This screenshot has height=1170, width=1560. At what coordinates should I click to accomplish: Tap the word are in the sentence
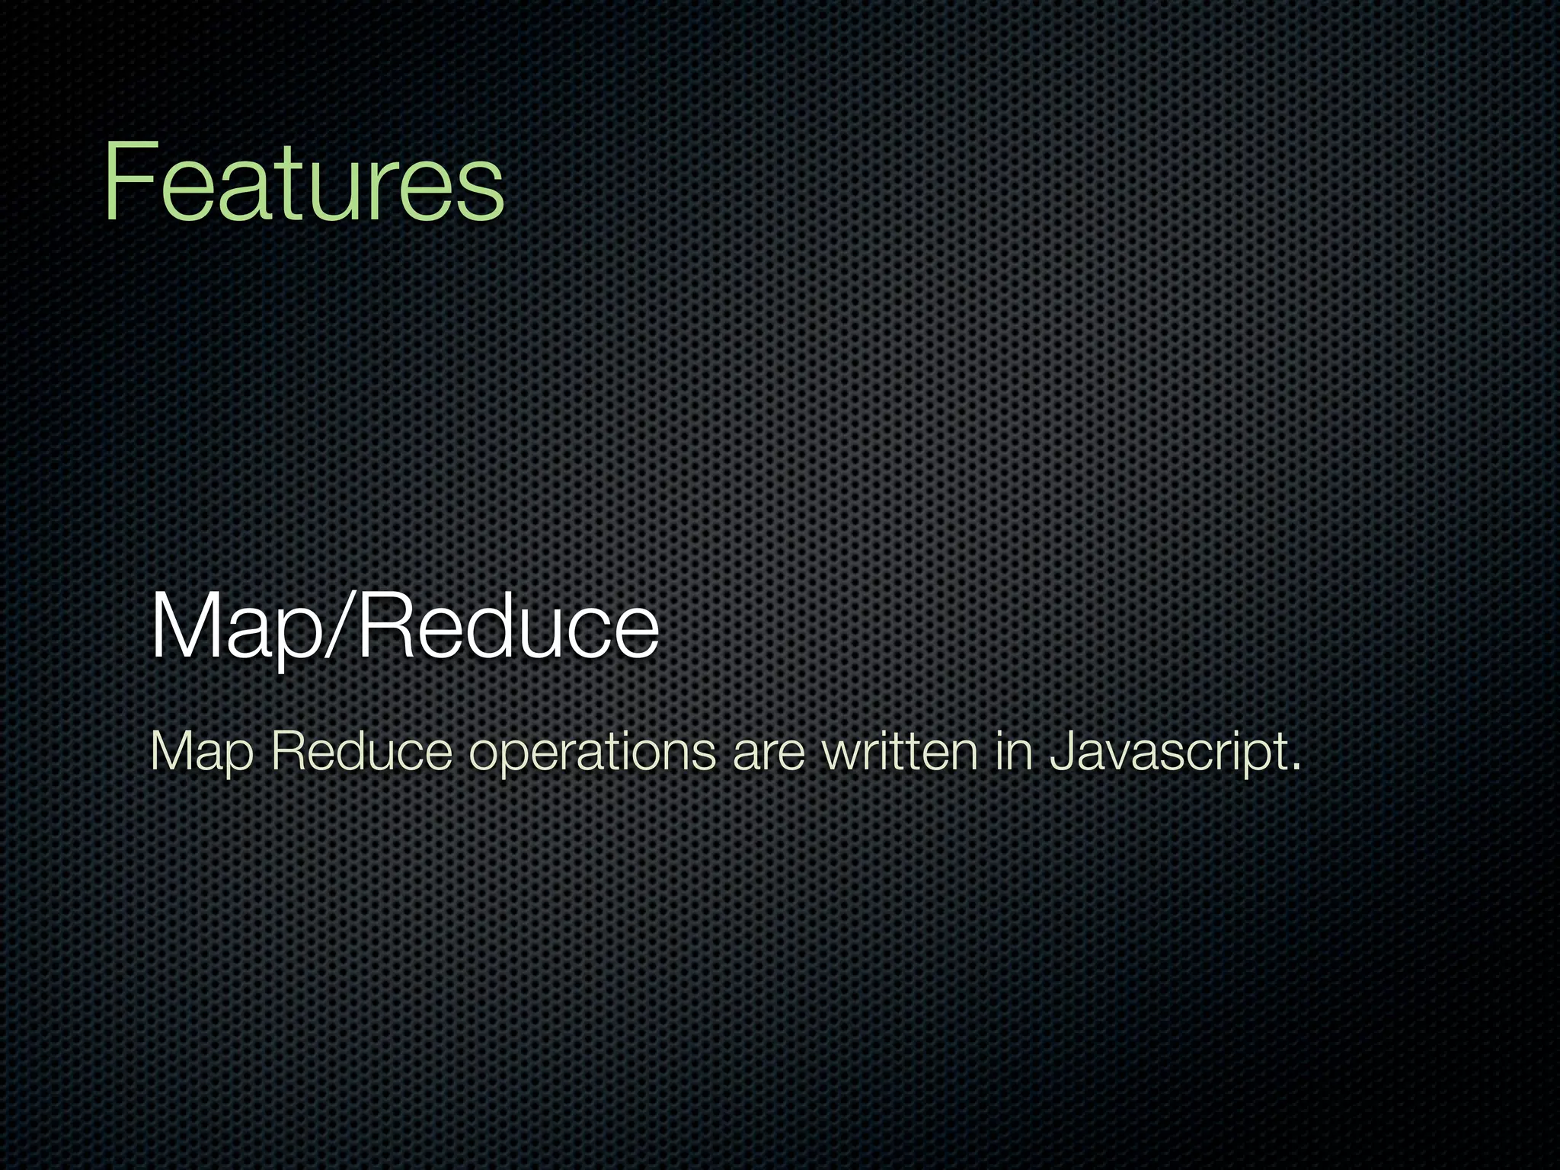[x=768, y=754]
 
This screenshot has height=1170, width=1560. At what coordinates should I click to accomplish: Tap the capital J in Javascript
[x=1060, y=751]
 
